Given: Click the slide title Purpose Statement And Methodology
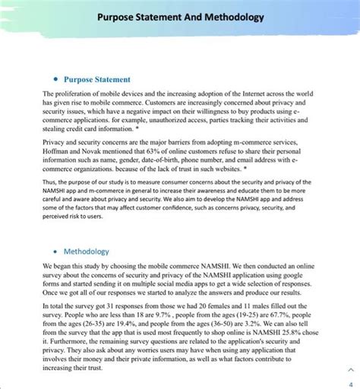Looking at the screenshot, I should [180, 16].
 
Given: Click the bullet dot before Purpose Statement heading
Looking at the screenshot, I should [55, 80].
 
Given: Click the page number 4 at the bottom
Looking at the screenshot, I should [349, 383].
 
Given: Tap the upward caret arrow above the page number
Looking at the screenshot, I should [349, 369].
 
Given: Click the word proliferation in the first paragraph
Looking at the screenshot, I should [74, 93].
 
